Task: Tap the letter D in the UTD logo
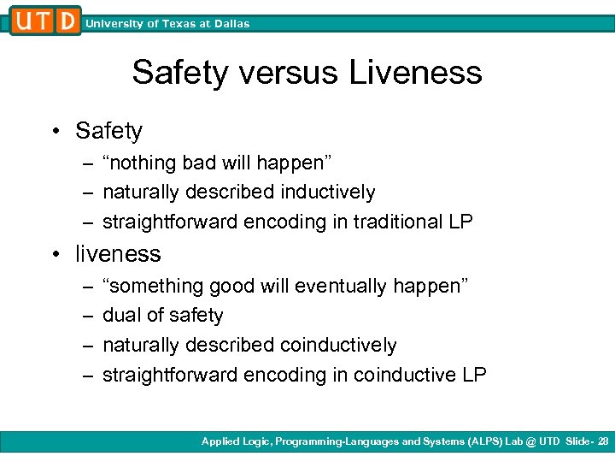67,21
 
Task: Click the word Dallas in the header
230,24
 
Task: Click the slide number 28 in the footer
603,441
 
